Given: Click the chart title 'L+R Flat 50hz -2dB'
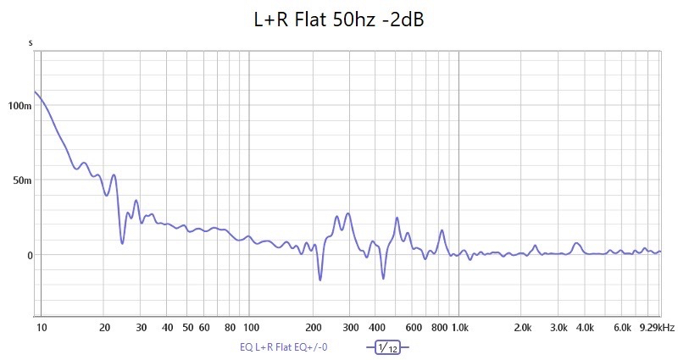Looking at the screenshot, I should tap(339, 20).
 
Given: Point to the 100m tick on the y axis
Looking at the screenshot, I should tap(19, 106).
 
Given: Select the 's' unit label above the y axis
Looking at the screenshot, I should tap(31, 42).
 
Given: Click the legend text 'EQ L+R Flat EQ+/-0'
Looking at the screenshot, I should tap(284, 347).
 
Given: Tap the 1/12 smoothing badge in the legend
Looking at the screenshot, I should tap(387, 347).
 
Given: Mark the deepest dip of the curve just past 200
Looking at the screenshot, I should tap(320, 280).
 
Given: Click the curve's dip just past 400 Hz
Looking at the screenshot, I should tap(383, 278).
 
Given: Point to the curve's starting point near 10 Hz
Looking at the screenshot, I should tap(35, 91).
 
